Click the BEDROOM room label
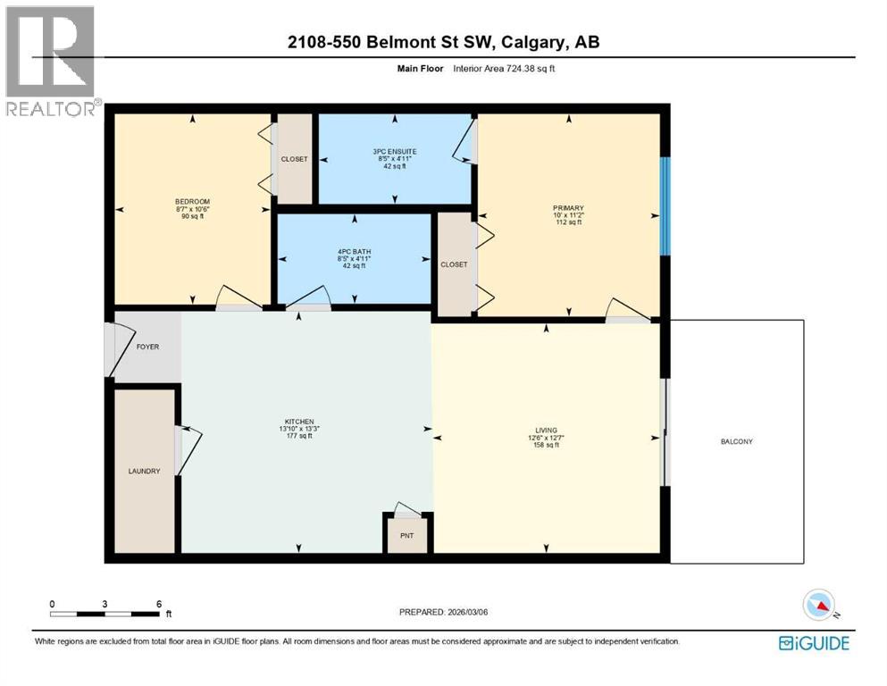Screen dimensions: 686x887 tap(192, 201)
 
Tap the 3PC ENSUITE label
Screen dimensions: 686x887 tap(395, 152)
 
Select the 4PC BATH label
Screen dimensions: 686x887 tap(355, 252)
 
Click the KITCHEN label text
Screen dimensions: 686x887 tap(298, 422)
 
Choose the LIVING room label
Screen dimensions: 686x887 tap(546, 431)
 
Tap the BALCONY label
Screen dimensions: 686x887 tap(738, 441)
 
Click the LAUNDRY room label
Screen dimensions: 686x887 tap(144, 471)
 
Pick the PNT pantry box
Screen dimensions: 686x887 tap(408, 536)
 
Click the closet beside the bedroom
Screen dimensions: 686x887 tap(294, 159)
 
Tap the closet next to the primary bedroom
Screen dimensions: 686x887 tap(454, 264)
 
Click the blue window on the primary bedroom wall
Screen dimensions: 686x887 tap(664, 206)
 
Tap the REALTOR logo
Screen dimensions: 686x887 tap(51, 61)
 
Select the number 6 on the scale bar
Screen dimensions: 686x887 tap(158, 604)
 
